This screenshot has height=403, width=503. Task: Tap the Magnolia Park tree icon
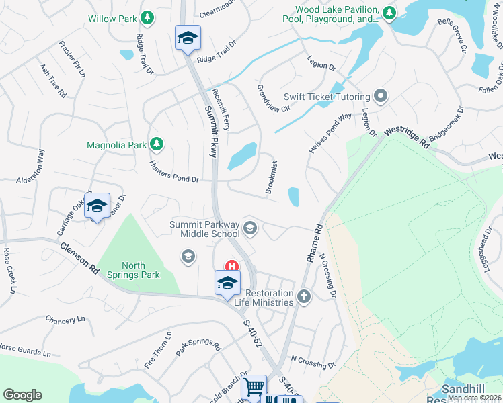tap(157, 144)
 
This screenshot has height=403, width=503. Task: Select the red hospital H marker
tap(233, 267)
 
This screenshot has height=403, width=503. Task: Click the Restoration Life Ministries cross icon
tap(304, 297)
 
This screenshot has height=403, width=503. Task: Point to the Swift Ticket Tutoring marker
tap(381, 96)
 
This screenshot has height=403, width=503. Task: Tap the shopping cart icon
tap(254, 387)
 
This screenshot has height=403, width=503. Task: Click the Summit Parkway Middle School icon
tap(250, 228)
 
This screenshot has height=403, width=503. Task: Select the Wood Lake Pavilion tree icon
tap(389, 13)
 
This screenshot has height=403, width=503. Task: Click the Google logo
tap(23, 394)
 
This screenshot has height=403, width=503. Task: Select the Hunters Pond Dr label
tap(175, 171)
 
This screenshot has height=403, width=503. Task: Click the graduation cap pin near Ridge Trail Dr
tap(188, 38)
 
